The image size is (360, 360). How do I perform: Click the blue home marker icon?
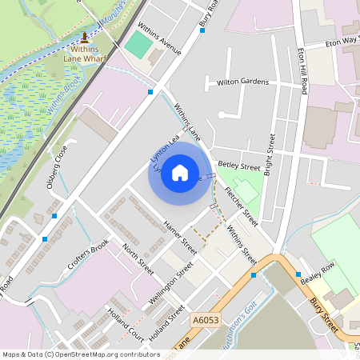point(180,173)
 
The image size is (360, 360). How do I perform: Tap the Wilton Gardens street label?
point(242,82)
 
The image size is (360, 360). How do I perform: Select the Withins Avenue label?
point(159,39)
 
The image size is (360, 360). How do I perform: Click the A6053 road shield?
point(206,319)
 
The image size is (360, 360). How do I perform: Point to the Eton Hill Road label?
point(302,73)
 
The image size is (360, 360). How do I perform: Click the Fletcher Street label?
point(241,206)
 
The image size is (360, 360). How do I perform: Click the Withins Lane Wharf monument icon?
point(86,38)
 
